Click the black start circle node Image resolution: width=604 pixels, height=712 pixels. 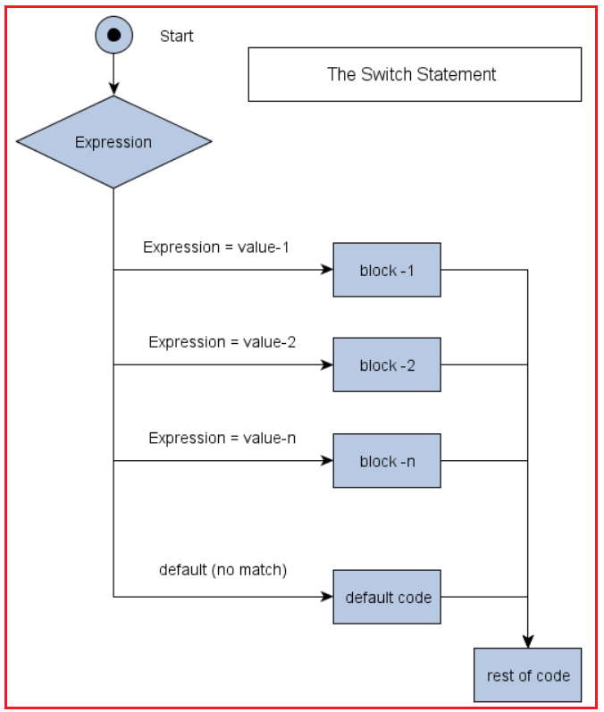pos(113,36)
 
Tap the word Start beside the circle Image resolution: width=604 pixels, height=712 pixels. pos(176,37)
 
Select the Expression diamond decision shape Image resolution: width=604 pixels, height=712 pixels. pos(113,142)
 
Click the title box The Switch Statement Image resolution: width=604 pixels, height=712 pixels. pos(414,74)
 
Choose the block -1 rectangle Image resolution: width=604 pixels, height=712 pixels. pos(387,270)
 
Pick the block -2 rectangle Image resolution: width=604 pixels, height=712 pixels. pos(387,364)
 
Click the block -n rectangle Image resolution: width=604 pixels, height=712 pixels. pos(387,461)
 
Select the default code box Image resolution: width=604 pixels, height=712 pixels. pos(387,597)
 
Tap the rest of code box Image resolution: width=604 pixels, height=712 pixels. pos(527,675)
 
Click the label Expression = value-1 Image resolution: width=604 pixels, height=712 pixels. pos(216,247)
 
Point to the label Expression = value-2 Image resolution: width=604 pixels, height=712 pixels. pos(222,342)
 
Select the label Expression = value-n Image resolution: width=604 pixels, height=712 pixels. pos(222,438)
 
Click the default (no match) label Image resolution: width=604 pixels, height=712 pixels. pos(222,569)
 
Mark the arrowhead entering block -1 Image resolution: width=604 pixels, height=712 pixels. pos(326,270)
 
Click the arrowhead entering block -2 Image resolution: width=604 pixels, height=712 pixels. pos(326,364)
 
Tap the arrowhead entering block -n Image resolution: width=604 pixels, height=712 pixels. pos(326,461)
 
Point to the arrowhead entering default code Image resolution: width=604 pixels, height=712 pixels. pos(326,597)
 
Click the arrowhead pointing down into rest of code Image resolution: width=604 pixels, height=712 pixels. pos(527,641)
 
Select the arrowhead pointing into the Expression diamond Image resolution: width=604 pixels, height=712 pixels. pos(113,88)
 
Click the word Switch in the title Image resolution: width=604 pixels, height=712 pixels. pos(385,74)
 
